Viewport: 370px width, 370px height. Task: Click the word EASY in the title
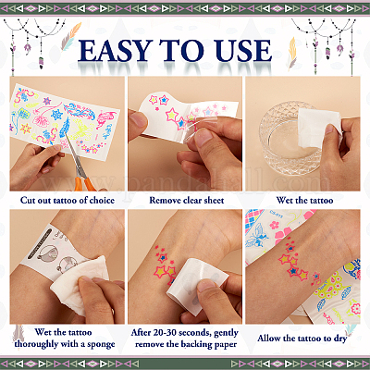116,51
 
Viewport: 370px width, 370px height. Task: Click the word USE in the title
244,51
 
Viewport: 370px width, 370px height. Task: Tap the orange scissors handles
85,181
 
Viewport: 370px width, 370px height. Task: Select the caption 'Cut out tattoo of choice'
68,201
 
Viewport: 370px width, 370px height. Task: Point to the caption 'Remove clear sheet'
187,201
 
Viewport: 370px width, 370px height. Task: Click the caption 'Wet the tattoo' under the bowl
304,201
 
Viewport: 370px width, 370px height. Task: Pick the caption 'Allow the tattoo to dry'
302,339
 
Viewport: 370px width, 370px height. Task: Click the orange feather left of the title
70,36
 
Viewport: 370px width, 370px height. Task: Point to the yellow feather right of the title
292,53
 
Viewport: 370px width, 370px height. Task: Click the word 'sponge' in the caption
101,345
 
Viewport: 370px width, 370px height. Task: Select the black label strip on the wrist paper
40,243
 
